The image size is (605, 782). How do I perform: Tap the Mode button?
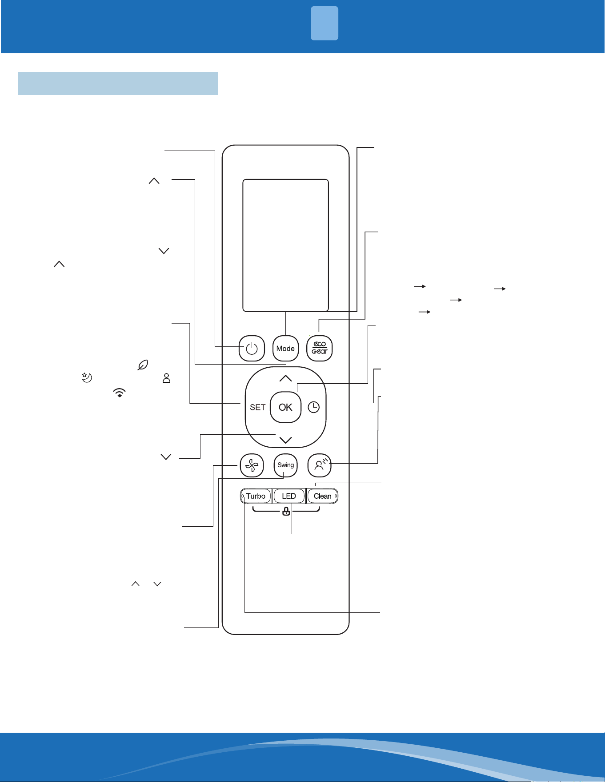(285, 349)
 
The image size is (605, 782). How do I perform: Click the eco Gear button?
(320, 348)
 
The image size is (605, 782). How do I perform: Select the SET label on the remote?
(258, 407)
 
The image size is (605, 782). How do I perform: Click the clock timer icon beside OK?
(314, 407)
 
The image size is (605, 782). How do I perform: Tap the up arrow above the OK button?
(285, 378)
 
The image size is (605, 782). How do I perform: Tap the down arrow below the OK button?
(285, 440)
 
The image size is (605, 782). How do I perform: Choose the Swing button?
(285, 465)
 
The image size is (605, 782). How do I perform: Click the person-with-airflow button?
(320, 465)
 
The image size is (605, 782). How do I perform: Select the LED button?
(289, 496)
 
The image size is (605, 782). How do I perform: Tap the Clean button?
(322, 496)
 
